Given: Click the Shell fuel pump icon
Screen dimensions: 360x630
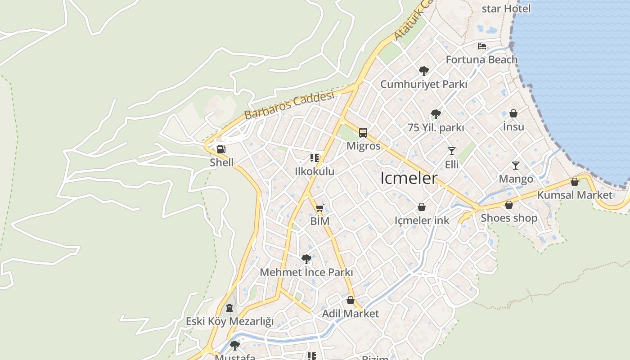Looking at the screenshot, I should click(221, 149).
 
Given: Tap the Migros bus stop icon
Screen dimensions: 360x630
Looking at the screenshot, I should click(363, 133).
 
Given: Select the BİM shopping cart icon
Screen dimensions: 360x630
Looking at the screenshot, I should click(320, 208).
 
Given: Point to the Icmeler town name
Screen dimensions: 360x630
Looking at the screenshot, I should click(409, 179).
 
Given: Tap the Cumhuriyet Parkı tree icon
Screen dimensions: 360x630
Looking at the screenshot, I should click(423, 71).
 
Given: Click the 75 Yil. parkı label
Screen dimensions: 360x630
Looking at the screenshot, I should click(436, 128).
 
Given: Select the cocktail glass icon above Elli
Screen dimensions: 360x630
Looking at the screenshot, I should click(452, 151).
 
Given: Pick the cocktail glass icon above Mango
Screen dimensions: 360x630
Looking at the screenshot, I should click(516, 166).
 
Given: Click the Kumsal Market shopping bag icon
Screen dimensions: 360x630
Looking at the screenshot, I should click(575, 182).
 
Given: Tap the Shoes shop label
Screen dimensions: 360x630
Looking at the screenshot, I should click(509, 218).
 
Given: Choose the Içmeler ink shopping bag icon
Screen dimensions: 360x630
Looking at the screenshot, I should click(422, 207).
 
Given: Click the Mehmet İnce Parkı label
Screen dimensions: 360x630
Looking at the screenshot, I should click(306, 273).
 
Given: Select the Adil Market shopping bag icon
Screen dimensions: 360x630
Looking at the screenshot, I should click(351, 300).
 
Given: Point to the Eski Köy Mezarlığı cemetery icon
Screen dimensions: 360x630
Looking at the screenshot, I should click(229, 308).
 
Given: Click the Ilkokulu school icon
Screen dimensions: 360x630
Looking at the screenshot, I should click(315, 158).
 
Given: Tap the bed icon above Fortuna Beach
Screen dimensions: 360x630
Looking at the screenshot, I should click(482, 46).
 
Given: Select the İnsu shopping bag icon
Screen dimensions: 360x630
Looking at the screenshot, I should click(513, 113).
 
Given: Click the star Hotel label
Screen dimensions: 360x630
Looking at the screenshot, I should click(506, 9).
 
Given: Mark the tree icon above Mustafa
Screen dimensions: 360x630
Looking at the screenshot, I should click(234, 346).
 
